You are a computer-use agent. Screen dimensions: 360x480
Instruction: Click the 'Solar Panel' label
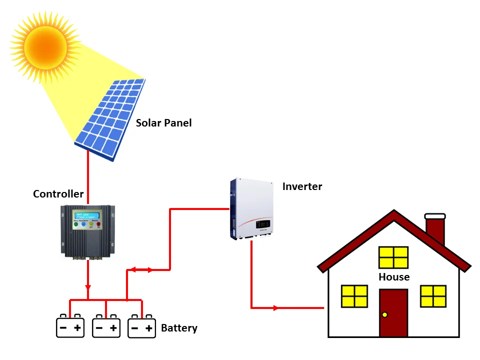[x=163, y=123]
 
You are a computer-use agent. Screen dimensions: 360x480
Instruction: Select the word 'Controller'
[x=58, y=194]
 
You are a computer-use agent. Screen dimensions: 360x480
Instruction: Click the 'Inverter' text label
[x=302, y=187]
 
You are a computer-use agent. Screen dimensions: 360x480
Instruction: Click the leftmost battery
[x=70, y=327]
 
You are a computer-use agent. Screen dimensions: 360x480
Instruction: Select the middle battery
[x=106, y=327]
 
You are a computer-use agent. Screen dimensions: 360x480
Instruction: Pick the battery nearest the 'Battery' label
[x=141, y=327]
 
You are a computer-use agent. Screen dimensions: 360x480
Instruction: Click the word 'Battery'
[x=179, y=328]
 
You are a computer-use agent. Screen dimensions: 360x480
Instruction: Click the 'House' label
[x=394, y=277]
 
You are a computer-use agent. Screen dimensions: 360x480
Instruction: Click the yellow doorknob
[x=384, y=314]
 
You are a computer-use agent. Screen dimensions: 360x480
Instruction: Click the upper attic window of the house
[x=393, y=257]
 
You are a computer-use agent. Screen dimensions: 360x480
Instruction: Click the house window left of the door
[x=354, y=296]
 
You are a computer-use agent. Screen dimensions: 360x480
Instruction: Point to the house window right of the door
[x=433, y=296]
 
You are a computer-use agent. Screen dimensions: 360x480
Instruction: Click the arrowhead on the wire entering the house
[x=276, y=308]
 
